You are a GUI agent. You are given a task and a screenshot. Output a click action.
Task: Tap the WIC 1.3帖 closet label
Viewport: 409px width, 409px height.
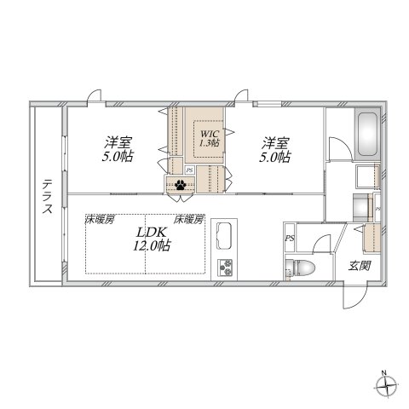click(x=209, y=138)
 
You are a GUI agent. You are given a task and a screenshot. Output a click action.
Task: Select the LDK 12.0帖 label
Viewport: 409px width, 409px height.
click(x=149, y=239)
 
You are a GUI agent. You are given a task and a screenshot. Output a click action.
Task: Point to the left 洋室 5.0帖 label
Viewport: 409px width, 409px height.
click(x=118, y=148)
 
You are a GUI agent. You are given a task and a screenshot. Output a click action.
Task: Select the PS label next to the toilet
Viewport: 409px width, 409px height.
click(x=291, y=238)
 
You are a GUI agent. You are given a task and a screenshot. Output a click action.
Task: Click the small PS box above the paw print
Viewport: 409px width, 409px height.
click(x=189, y=169)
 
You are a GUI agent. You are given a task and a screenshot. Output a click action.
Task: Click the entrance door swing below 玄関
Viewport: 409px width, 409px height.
click(x=351, y=297)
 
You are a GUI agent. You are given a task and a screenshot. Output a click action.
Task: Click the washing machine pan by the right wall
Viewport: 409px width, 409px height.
click(x=366, y=176)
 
